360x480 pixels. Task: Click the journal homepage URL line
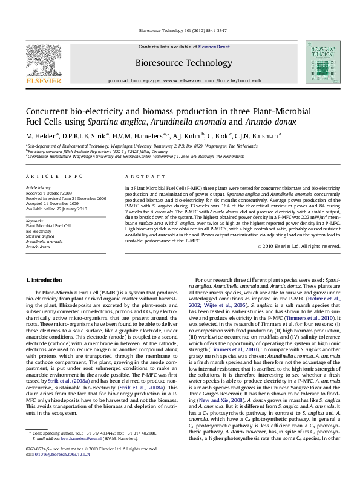(x=180, y=79)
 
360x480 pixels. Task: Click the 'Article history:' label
(x=38, y=189)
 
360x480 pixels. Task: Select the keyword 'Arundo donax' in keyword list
(x=38, y=247)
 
